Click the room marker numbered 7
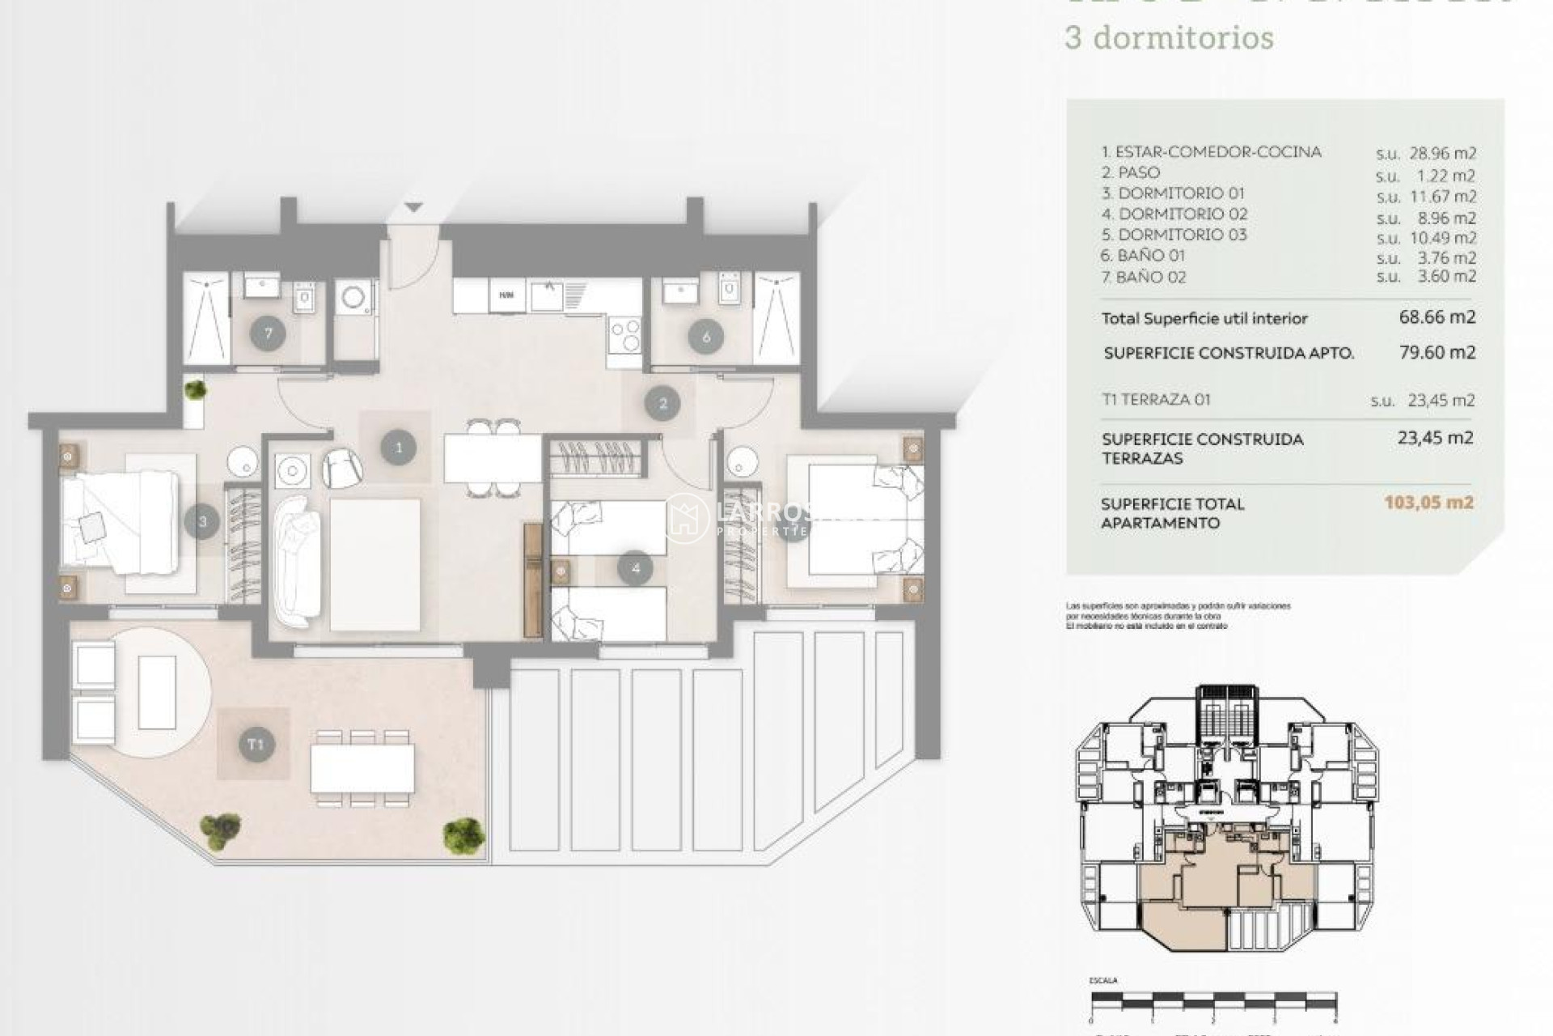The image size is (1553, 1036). [x=268, y=333]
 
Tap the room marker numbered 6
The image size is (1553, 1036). [x=706, y=337]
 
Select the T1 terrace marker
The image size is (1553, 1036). [x=256, y=744]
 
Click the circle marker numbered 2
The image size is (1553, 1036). [x=662, y=403]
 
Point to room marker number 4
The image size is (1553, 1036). [x=635, y=568]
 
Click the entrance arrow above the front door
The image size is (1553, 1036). [x=413, y=208]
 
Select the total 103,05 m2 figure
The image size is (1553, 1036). [x=1428, y=503]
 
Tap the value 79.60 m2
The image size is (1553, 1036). [x=1437, y=352]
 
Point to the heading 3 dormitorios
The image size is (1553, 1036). [x=1169, y=38]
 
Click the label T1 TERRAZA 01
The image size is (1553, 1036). [x=1156, y=399]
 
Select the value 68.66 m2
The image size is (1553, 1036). [x=1437, y=316]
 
